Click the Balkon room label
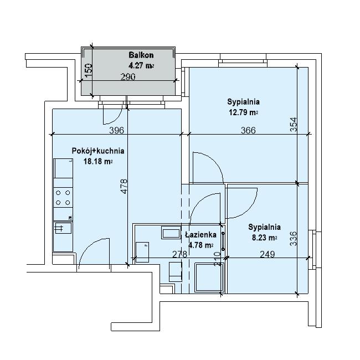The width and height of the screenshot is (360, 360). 141,55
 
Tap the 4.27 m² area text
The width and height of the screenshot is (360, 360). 141,66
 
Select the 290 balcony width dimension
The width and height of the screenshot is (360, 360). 128,77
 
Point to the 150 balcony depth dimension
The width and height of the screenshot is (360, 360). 89,70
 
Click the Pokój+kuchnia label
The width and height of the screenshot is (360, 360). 98,151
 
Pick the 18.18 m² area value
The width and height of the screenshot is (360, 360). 98,161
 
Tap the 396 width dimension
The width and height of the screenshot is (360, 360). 116,130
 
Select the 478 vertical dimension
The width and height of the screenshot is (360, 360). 124,187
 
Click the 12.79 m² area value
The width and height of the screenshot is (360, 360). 243,112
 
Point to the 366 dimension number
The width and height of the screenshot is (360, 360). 248,130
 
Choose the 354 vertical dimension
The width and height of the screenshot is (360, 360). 294,125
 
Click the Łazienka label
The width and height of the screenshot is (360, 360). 200,235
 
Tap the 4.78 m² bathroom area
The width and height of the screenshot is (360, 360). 200,245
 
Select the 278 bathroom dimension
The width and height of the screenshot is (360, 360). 179,254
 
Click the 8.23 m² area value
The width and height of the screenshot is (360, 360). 265,238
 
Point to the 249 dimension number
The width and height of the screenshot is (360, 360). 268,254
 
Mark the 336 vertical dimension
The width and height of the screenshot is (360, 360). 294,239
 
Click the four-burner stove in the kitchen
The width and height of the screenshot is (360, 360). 63,198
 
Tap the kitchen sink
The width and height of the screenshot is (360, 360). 63,228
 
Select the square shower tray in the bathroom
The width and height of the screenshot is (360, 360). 209,277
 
